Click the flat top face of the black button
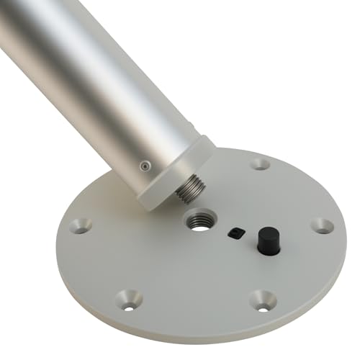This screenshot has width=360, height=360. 268,232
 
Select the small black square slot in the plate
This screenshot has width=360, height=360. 234,232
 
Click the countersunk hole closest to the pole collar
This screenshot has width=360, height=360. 260,163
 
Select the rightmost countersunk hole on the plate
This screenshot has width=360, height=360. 322,225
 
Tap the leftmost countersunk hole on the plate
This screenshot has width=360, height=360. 80,226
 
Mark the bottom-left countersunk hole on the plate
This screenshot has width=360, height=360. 129,299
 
